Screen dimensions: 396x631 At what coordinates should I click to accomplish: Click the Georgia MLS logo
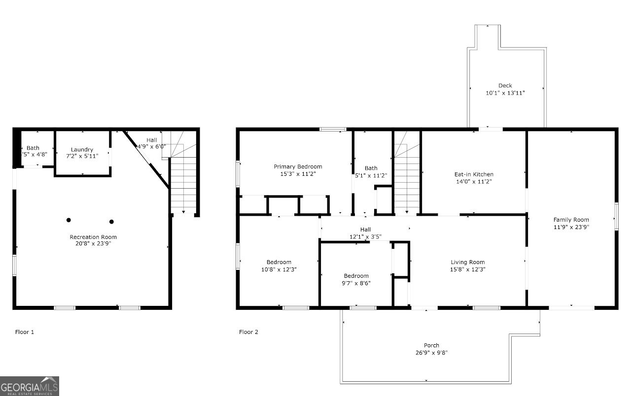30,386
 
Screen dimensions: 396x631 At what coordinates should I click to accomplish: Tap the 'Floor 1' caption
25,332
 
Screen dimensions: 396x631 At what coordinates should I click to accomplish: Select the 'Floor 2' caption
248,332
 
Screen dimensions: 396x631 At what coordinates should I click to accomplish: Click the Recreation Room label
93,237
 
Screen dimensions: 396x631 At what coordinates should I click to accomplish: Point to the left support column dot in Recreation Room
69,220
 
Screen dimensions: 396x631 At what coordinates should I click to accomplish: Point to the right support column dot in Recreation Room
111,222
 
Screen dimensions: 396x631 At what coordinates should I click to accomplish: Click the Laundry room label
82,150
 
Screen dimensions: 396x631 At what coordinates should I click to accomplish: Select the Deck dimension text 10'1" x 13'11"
505,93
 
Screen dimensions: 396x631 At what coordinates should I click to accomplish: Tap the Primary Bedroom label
298,166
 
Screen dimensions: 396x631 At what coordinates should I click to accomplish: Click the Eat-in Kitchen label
474,174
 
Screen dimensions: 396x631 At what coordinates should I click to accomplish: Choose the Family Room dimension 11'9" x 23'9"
571,227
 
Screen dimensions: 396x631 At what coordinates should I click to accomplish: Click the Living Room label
468,262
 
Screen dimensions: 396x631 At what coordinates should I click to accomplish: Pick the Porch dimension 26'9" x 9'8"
431,353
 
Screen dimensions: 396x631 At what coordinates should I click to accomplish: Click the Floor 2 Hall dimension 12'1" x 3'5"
365,237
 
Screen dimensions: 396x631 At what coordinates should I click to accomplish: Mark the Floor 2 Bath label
371,168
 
